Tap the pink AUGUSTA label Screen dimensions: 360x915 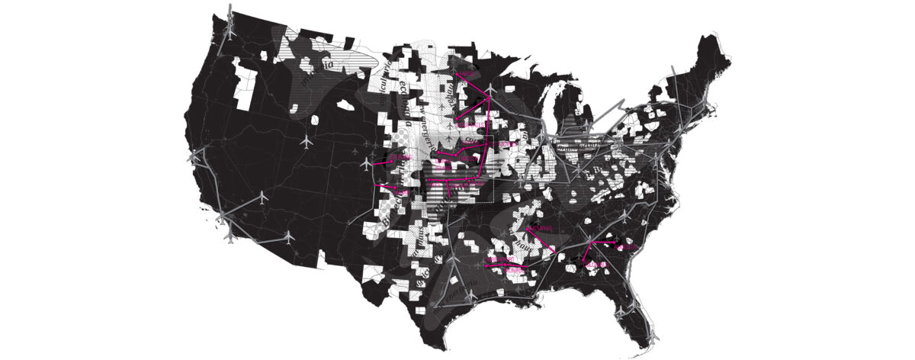[626, 247]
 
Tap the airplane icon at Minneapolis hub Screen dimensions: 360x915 [490, 92]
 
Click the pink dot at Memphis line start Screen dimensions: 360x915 [528, 227]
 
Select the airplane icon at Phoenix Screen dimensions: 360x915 [288, 238]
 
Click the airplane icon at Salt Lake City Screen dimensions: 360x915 [307, 142]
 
